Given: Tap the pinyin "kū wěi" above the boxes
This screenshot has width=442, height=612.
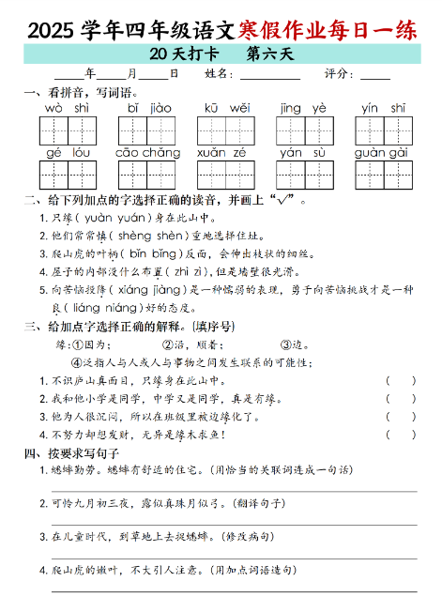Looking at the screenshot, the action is coord(226,108).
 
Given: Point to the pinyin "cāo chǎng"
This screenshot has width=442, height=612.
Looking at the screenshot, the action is coord(147,152).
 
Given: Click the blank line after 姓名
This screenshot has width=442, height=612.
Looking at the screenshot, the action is coord(271,76).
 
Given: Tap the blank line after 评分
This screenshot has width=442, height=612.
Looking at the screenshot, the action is coord(375,76).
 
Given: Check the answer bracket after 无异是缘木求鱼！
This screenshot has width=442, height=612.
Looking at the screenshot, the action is coord(400,434).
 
